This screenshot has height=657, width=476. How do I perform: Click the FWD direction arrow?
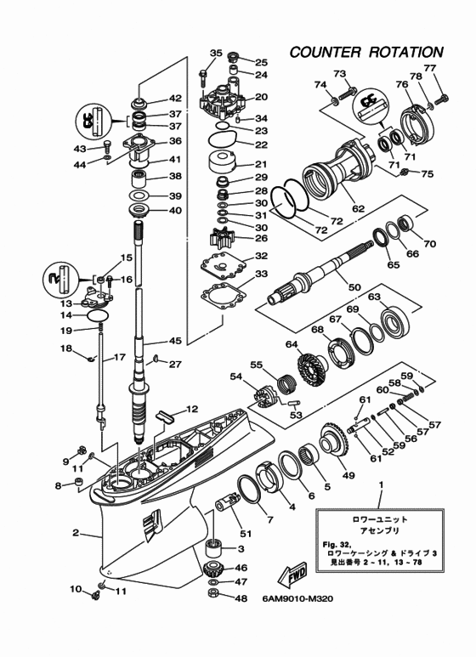[x=292, y=575]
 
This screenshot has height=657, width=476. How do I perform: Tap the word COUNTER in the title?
[x=325, y=53]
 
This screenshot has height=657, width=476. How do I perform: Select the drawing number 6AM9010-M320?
[x=297, y=598]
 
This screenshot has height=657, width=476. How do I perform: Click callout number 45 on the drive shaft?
[x=174, y=341]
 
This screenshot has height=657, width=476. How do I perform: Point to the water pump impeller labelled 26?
[x=222, y=239]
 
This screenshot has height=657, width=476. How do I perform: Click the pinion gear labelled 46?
[x=215, y=569]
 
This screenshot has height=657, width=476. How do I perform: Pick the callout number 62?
[x=358, y=208]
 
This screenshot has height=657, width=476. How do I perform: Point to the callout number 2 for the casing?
[x=76, y=533]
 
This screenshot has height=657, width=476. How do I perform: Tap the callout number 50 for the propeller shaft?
[x=354, y=287]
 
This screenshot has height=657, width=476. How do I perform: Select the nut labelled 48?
[x=215, y=593]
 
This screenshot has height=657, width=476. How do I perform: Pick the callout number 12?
[x=192, y=409]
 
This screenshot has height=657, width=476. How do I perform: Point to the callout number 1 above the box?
[x=381, y=484]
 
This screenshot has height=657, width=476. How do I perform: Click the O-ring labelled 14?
[x=99, y=315]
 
